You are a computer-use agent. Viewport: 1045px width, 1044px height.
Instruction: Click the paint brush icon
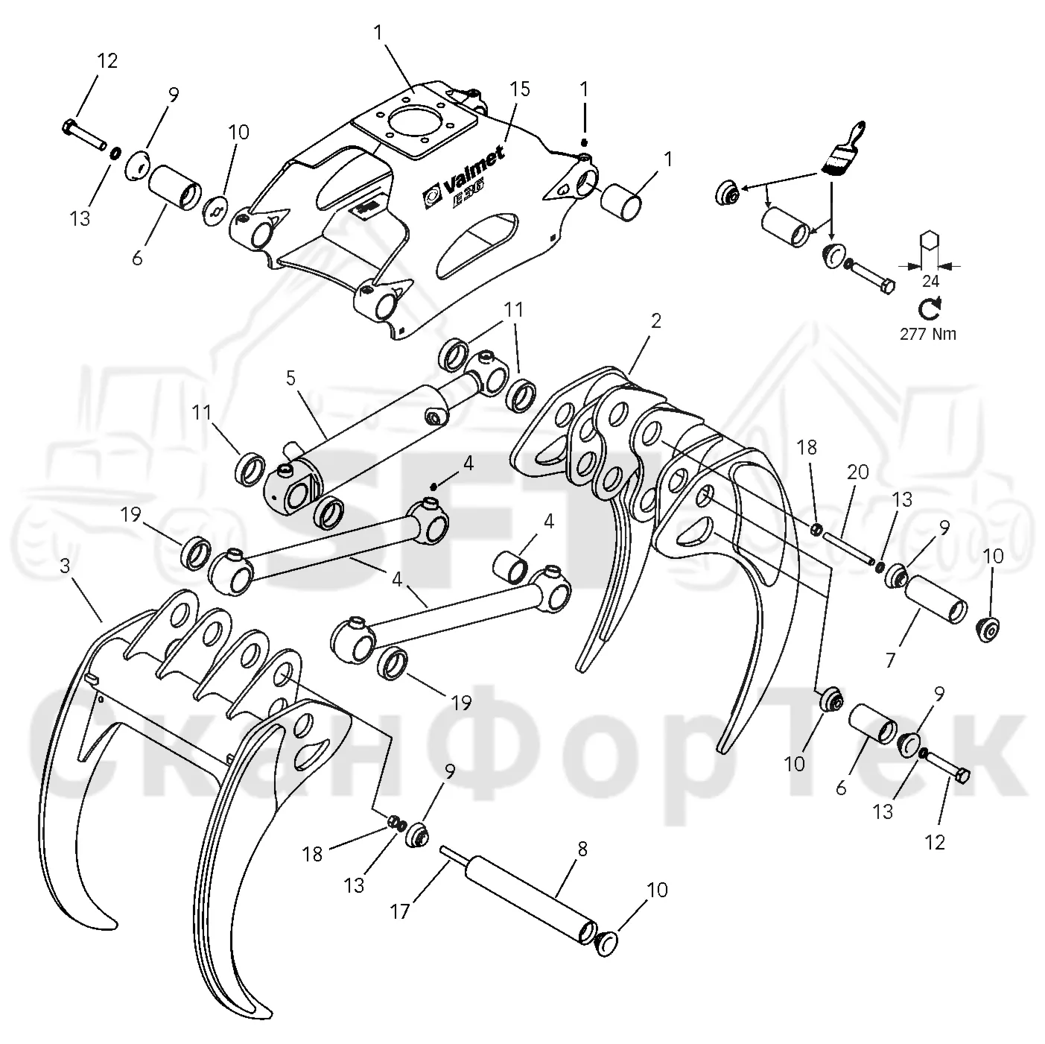(842, 148)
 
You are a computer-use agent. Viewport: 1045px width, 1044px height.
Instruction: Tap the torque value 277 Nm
(928, 334)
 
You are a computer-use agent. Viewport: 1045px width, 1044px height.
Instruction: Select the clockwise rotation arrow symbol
(930, 308)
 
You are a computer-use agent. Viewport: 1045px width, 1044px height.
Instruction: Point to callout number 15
(519, 89)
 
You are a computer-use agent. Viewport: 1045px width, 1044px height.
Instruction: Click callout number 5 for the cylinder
(291, 379)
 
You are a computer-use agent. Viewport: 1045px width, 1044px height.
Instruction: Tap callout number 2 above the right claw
(656, 321)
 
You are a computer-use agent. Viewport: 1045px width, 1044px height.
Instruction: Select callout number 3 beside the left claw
(65, 566)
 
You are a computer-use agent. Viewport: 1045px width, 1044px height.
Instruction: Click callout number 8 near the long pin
(582, 850)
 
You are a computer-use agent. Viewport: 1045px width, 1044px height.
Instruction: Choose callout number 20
(858, 472)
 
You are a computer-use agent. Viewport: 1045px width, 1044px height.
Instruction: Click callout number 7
(890, 660)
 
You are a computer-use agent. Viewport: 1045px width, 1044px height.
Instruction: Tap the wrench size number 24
(930, 281)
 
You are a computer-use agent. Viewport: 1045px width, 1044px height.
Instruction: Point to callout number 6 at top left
(137, 259)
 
